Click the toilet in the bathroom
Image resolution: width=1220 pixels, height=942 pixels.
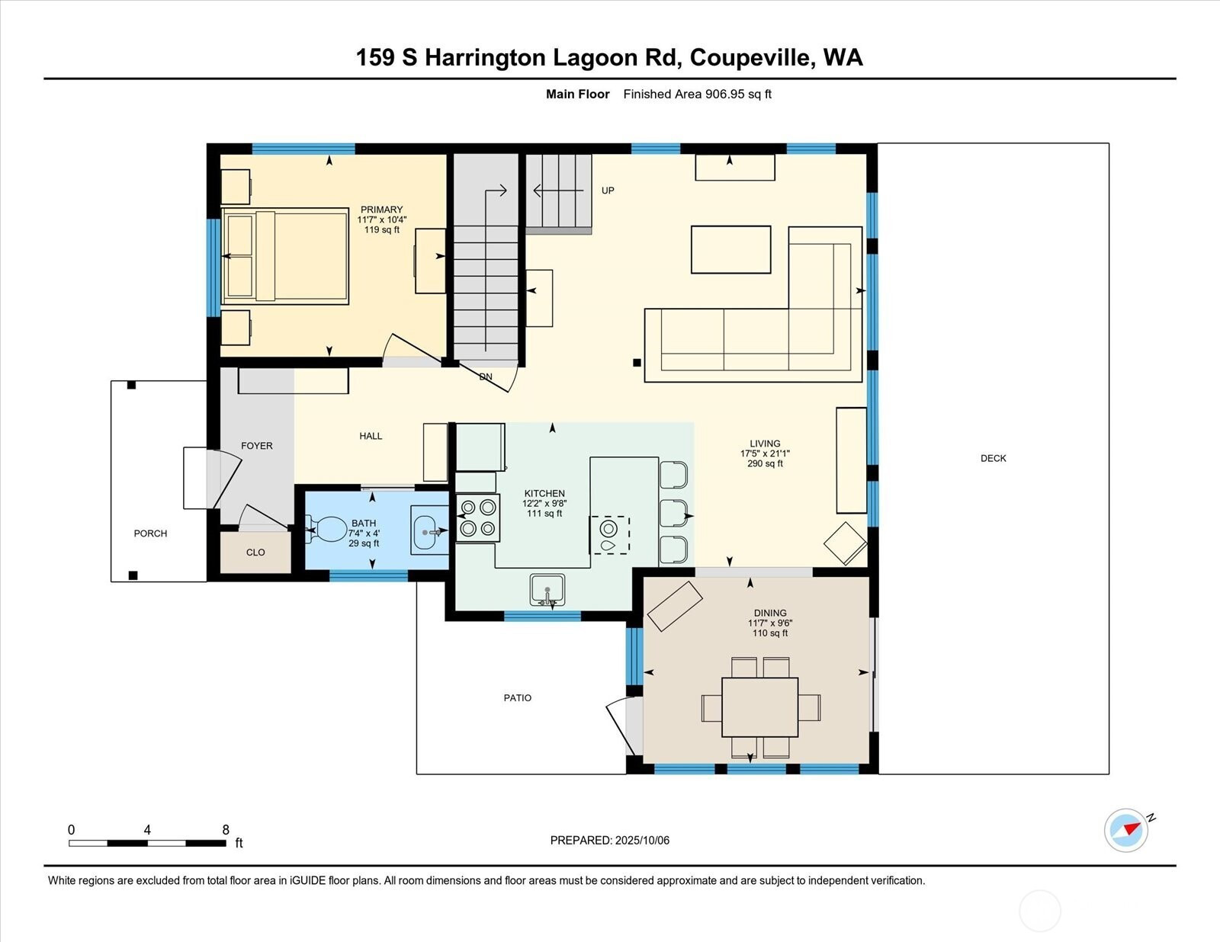[x=328, y=530]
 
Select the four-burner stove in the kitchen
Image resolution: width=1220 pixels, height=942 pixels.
[x=478, y=517]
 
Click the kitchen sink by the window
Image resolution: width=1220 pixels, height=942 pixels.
[x=547, y=590]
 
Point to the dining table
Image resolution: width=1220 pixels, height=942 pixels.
[x=759, y=707]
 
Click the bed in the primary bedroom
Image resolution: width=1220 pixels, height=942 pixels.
[x=285, y=256]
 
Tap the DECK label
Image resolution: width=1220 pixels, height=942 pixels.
[x=994, y=458]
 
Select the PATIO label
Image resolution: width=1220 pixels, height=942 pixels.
[x=517, y=698]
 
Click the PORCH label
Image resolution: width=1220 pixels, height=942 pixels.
[x=150, y=533]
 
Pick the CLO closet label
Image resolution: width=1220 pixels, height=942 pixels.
[x=255, y=553]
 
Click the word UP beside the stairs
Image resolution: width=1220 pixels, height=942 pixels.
[x=608, y=191]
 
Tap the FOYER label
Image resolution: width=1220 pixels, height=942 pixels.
[x=256, y=446]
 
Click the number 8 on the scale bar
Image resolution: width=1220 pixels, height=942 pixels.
[x=226, y=830]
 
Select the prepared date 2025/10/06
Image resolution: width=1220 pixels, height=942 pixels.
[x=642, y=841]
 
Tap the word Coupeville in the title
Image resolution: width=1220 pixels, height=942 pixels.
[x=753, y=58]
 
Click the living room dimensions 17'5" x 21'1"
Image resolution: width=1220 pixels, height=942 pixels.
[x=765, y=453]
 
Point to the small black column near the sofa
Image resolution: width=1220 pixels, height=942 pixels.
[x=637, y=363]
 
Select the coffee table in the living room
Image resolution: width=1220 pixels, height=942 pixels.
[x=730, y=250]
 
